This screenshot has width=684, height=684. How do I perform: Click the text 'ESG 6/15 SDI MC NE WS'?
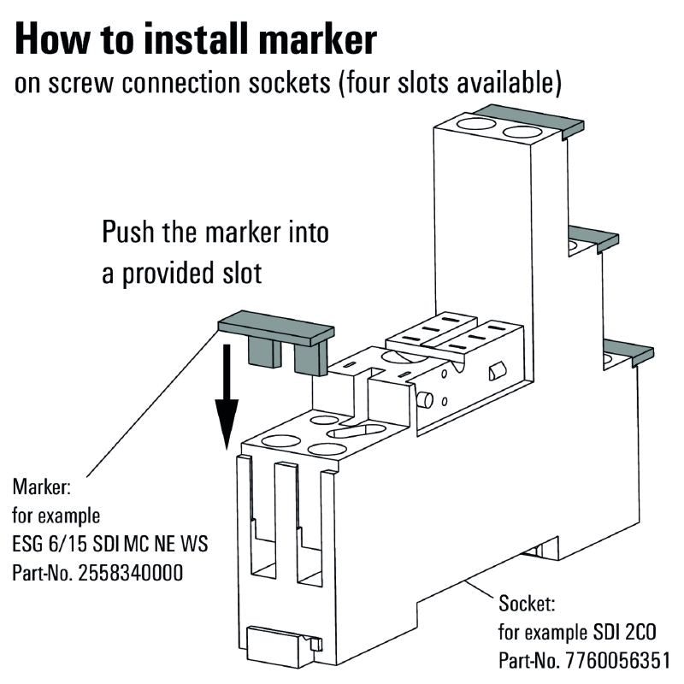[x=110, y=545]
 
